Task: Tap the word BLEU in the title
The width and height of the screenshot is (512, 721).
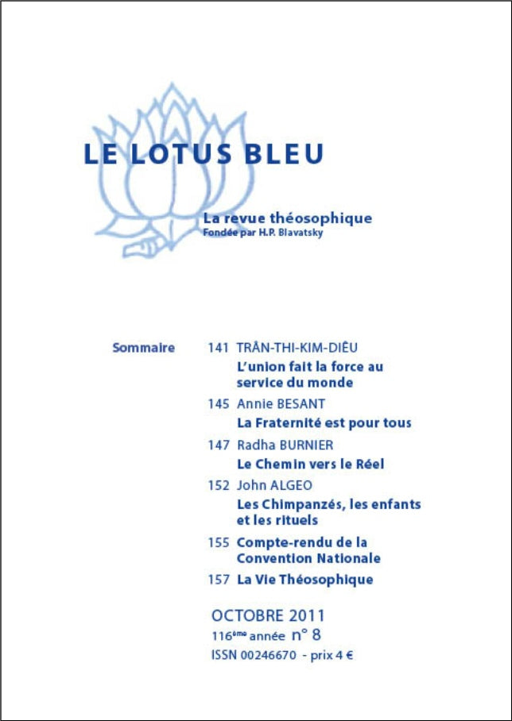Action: (285, 154)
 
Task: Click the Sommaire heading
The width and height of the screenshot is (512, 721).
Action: (144, 348)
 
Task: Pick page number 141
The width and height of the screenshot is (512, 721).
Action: (218, 348)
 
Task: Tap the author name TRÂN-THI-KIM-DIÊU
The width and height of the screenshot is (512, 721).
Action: (297, 347)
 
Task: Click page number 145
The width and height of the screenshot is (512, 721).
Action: (218, 403)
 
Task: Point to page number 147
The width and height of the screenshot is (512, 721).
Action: (218, 445)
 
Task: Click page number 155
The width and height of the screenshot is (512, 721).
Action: (218, 542)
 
